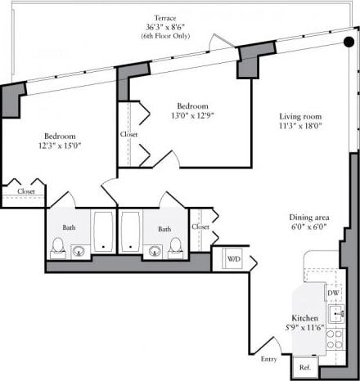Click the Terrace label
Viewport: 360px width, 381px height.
(x=167, y=17)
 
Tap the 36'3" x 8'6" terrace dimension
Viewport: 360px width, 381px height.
(x=167, y=27)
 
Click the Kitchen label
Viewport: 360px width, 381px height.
(x=305, y=317)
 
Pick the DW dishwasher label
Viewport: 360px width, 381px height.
(x=333, y=292)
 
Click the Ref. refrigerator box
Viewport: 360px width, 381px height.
(x=305, y=368)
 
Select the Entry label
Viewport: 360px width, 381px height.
(x=268, y=359)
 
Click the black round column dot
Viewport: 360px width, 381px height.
(x=349, y=43)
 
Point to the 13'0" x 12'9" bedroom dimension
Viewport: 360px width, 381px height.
(x=192, y=115)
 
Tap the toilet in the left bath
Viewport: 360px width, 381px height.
(x=58, y=245)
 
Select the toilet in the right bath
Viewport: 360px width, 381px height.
(x=174, y=245)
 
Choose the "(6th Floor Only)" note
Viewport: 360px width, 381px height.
(x=167, y=37)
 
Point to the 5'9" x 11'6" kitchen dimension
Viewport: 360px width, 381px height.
(x=305, y=327)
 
